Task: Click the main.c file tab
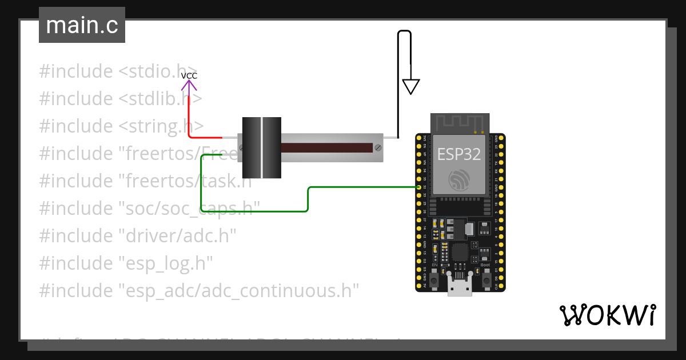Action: click(x=82, y=26)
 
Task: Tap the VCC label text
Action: click(x=189, y=75)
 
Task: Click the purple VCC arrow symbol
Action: click(x=189, y=86)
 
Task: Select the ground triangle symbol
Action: click(x=410, y=86)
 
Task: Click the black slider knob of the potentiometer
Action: click(x=262, y=147)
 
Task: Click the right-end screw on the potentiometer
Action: click(x=377, y=148)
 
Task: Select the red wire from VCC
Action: click(x=189, y=120)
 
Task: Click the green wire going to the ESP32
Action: click(x=309, y=197)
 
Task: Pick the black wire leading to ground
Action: click(x=398, y=86)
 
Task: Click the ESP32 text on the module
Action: click(x=459, y=154)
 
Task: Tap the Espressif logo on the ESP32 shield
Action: click(x=459, y=180)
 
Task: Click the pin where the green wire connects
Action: click(x=419, y=187)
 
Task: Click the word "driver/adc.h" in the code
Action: click(x=177, y=236)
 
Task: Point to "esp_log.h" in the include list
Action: click(x=165, y=263)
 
